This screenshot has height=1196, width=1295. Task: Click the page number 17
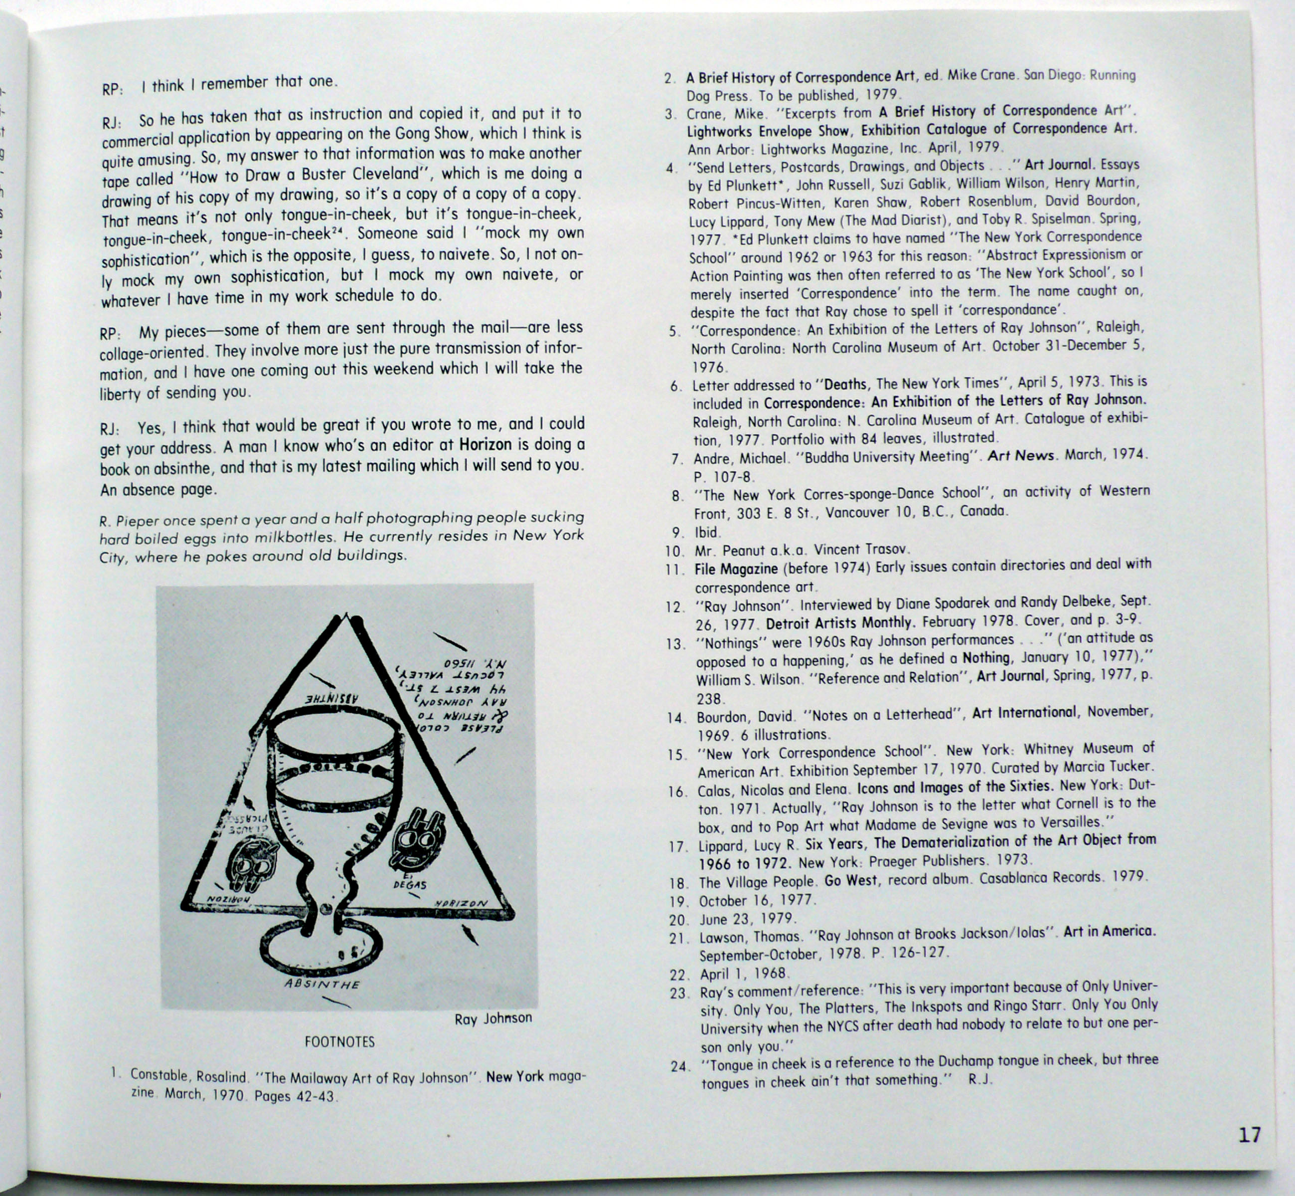(x=1249, y=1135)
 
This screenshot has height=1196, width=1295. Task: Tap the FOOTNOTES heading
(x=339, y=1042)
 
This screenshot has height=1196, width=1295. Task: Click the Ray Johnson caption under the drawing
(x=493, y=1018)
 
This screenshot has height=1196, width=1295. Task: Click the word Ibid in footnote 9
(x=706, y=533)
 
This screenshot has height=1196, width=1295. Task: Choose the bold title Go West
(x=850, y=880)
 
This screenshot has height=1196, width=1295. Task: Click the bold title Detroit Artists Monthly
(x=839, y=624)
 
